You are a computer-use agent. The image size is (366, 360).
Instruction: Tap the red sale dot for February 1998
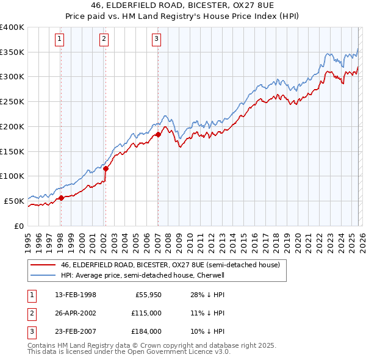[61, 198]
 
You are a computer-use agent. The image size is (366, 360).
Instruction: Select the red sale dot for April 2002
[106, 168]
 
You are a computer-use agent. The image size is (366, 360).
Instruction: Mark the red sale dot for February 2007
[158, 134]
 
